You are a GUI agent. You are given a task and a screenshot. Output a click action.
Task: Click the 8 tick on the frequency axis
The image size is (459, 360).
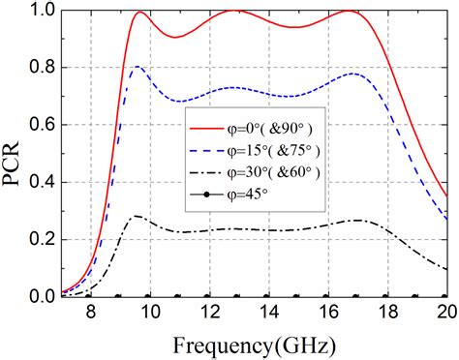point(90,314)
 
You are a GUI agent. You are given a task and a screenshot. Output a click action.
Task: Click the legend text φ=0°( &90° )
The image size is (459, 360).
point(274,128)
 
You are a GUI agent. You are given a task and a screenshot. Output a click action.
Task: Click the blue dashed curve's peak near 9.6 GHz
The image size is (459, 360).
point(138,67)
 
